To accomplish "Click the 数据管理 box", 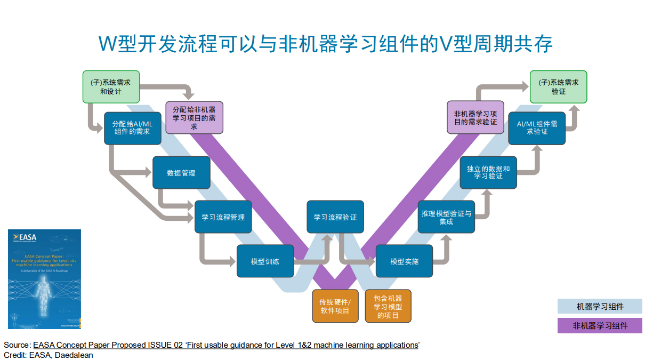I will click(181, 173).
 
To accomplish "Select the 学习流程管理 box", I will click(223, 217).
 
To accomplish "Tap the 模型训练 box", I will click(265, 261).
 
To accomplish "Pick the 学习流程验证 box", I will click(335, 217).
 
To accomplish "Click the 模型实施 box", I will click(404, 261).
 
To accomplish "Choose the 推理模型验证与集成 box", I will click(446, 217).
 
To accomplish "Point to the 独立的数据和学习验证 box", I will click(488, 173).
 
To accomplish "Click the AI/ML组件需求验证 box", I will click(537, 128).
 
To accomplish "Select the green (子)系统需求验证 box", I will click(558, 87).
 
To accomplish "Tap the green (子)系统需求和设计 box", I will click(111, 87).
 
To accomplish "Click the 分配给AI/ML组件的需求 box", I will click(132, 128).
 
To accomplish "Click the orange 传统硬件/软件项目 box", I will click(334, 306).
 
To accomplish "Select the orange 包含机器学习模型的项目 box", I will click(388, 306).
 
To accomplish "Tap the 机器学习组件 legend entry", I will click(600, 306).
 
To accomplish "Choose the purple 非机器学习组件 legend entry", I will click(600, 325).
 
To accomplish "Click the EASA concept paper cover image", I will click(44, 279).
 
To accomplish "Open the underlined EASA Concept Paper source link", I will click(226, 345).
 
